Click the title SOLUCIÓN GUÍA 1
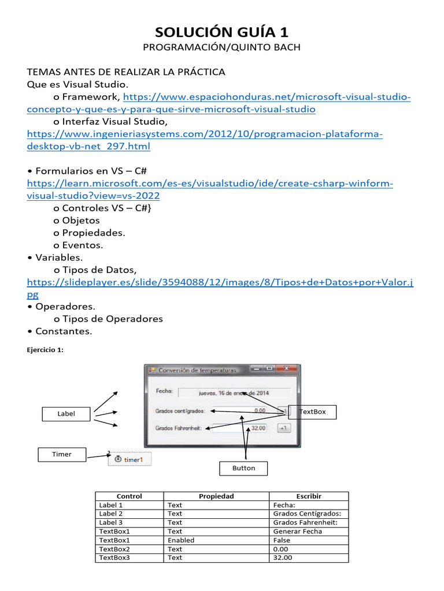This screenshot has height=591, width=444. coord(222,31)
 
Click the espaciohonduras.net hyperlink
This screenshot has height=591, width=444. coord(267,96)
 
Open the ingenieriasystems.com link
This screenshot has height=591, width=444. coord(205,134)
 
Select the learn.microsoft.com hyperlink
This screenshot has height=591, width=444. coord(210,183)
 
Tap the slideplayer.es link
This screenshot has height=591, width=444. coord(220,282)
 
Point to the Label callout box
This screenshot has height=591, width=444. coord(66,413)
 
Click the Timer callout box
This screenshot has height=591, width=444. coord(62,454)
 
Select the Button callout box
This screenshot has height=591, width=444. coord(243,468)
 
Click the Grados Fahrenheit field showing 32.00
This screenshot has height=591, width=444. coord(240,428)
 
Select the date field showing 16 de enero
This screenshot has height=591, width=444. coord(234,392)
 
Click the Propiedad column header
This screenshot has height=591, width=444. coord(216,496)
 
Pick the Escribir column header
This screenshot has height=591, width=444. coord(309,496)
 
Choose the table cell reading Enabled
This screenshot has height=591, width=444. coord(181,540)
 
